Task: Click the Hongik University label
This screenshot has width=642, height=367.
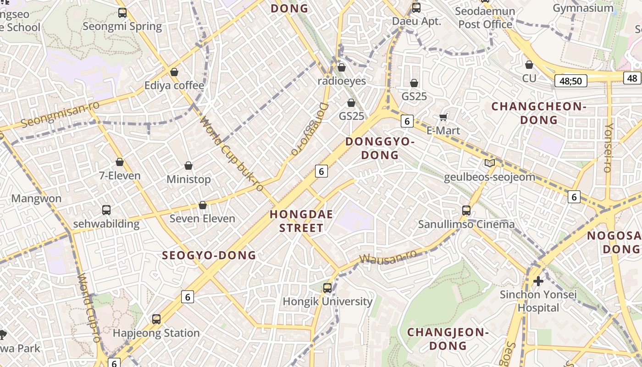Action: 327,301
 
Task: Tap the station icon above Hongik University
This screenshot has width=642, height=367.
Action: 327,288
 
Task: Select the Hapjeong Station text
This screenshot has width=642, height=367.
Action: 156,333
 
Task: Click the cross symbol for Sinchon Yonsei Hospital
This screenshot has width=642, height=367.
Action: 538,281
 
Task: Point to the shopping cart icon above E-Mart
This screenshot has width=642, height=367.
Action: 443,117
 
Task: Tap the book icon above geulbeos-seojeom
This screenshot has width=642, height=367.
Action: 489,163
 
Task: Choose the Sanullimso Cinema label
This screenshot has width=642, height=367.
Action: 466,224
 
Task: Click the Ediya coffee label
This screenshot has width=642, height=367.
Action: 174,86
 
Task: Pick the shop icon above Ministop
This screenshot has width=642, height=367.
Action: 188,166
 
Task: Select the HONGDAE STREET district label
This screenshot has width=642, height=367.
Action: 301,221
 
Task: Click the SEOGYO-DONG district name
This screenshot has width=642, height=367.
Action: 209,256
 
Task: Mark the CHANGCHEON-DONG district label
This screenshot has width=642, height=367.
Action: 539,113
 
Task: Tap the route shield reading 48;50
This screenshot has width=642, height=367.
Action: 570,81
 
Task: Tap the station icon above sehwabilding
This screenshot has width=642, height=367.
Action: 106,210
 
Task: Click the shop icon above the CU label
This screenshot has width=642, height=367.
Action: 529,65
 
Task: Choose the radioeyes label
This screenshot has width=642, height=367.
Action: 342,81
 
